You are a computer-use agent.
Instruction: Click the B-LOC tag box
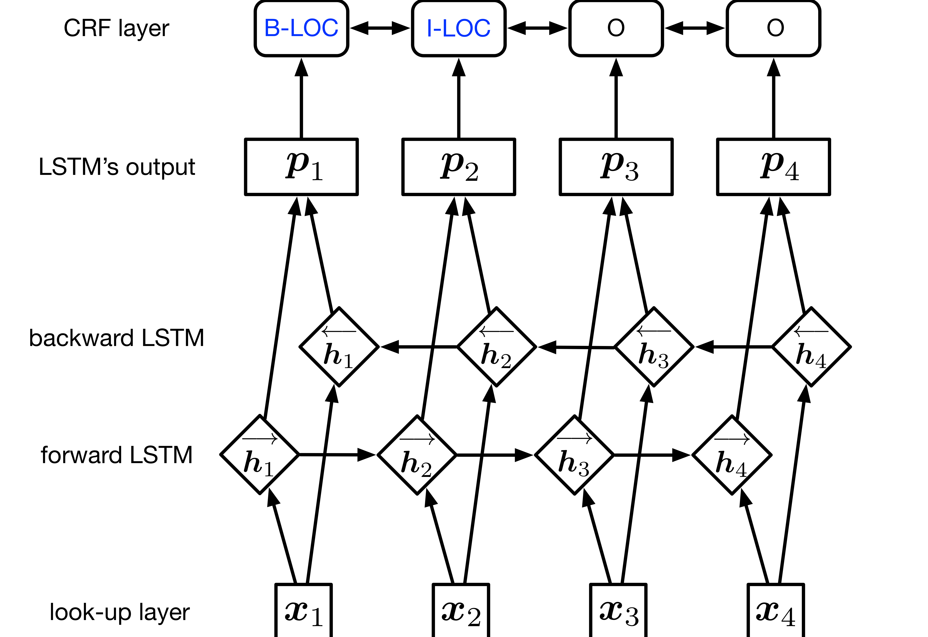[x=302, y=28]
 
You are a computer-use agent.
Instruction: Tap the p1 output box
[x=302, y=167]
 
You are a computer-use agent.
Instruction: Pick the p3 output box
[x=616, y=167]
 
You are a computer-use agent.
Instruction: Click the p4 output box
[x=773, y=167]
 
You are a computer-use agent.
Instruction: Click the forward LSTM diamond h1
[x=260, y=455]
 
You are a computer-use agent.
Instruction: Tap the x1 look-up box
[x=303, y=611]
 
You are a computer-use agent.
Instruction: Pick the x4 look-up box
[x=775, y=611]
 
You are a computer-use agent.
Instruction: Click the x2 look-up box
[x=461, y=611]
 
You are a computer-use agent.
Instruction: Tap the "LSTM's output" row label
[x=117, y=167]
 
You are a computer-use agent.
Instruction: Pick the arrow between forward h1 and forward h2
[x=337, y=455]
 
